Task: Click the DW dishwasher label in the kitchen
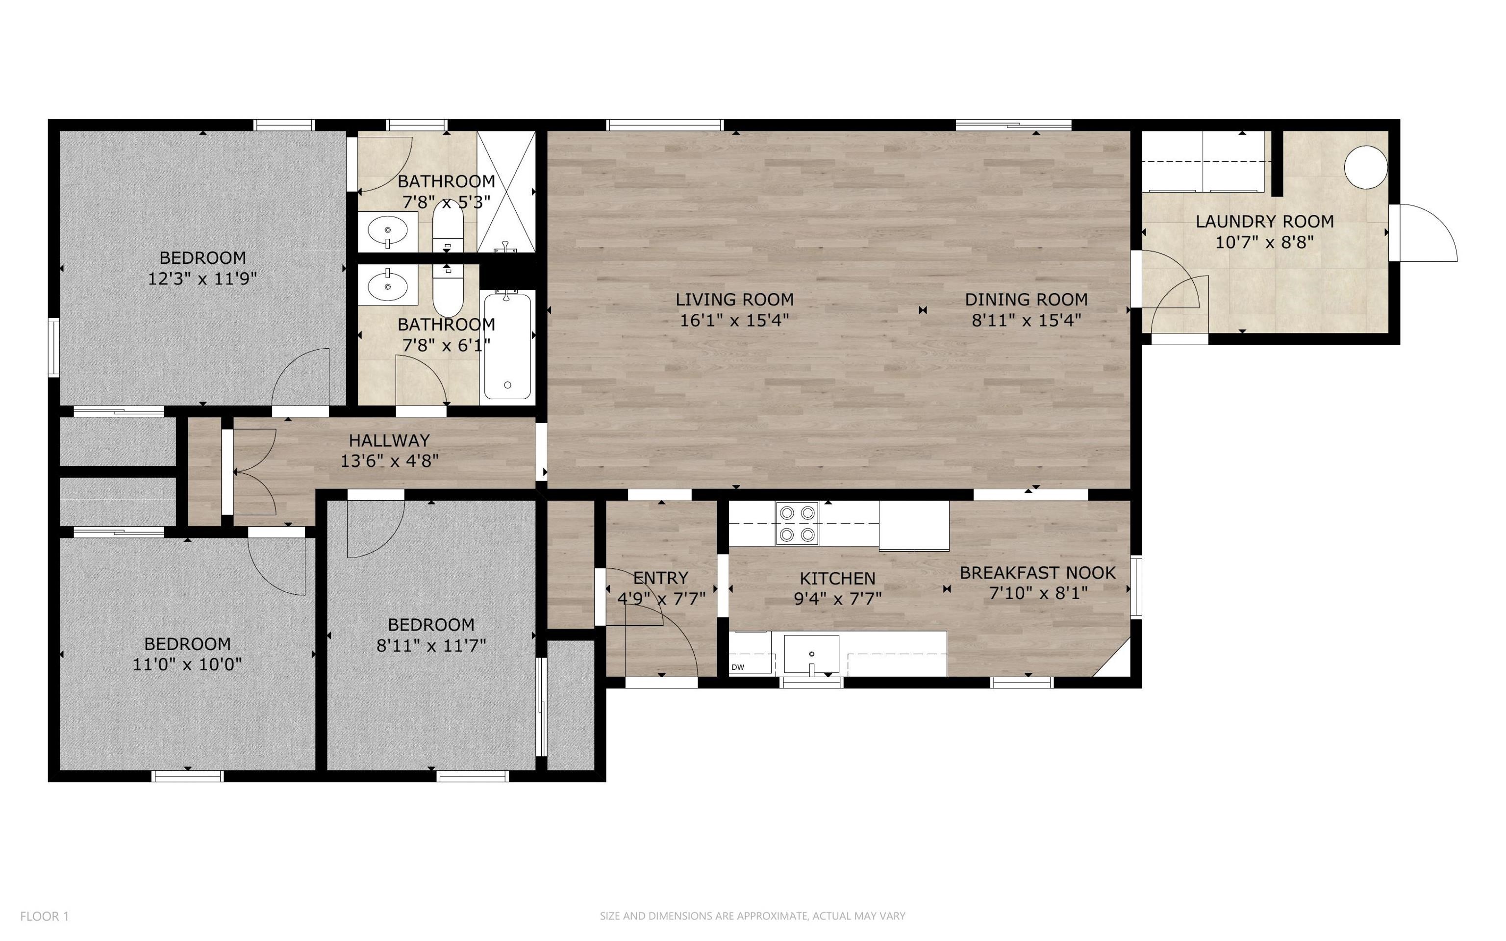pyautogui.click(x=738, y=667)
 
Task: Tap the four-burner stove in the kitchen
pyautogui.click(x=798, y=523)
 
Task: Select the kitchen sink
pyautogui.click(x=811, y=654)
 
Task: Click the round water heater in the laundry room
pyautogui.click(x=1366, y=167)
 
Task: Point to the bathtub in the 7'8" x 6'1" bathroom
pyautogui.click(x=507, y=347)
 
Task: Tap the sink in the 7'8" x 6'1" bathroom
pyautogui.click(x=388, y=284)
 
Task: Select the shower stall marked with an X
pyautogui.click(x=506, y=192)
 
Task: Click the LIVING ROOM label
pyautogui.click(x=735, y=299)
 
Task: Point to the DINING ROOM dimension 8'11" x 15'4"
pyautogui.click(x=1027, y=321)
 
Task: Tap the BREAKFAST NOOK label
pyautogui.click(x=1038, y=573)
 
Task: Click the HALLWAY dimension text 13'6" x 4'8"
pyautogui.click(x=389, y=461)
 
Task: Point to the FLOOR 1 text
pyautogui.click(x=44, y=916)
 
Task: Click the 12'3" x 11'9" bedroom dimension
pyautogui.click(x=202, y=278)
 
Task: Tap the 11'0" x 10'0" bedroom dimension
pyautogui.click(x=187, y=664)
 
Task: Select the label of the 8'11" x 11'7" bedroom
pyautogui.click(x=431, y=624)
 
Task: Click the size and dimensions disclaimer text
pyautogui.click(x=753, y=916)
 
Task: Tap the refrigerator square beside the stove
pyautogui.click(x=914, y=526)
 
